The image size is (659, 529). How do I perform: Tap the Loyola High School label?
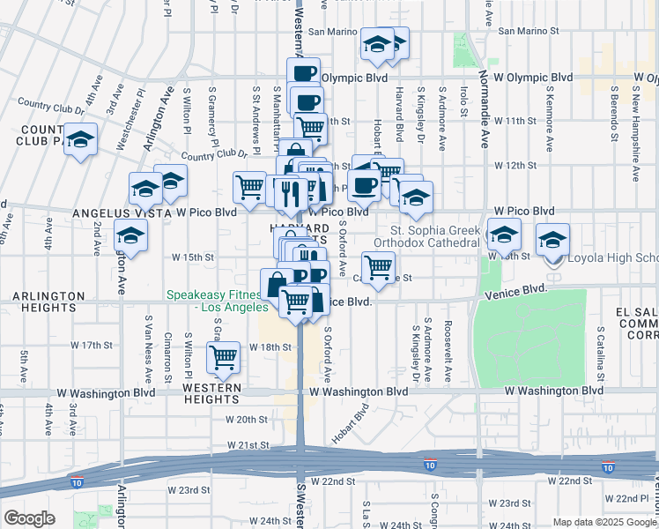tap(613, 258)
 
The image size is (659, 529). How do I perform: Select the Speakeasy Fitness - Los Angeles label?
tap(217, 302)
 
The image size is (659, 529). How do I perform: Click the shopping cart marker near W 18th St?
tap(224, 357)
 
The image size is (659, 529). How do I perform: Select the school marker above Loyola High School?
tap(553, 239)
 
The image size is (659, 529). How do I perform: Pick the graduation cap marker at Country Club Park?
tap(81, 140)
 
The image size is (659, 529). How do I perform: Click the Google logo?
tap(29, 518)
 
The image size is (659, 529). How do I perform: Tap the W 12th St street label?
tap(515, 165)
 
